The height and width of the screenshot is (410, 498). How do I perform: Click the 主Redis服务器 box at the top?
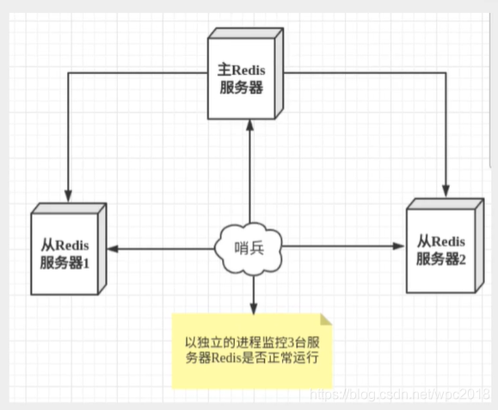[249, 76]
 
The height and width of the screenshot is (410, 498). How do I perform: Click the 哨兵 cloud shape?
[249, 249]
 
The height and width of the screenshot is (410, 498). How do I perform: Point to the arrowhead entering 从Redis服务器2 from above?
[446, 188]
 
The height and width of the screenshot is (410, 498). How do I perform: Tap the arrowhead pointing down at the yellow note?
[254, 307]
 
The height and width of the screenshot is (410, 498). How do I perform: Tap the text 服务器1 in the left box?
[64, 262]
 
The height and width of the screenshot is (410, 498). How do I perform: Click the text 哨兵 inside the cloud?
[249, 250]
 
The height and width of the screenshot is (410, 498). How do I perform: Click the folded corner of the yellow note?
[325, 320]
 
